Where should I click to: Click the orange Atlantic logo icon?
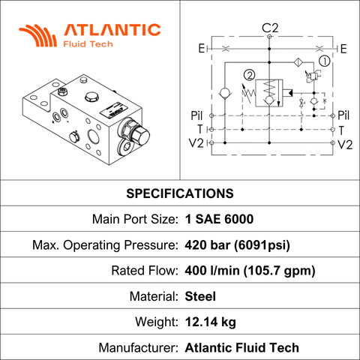(38, 35)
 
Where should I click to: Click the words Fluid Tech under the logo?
(88, 44)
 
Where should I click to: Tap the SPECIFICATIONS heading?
(180, 193)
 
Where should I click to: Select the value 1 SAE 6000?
(219, 219)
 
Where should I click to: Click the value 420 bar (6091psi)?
(238, 245)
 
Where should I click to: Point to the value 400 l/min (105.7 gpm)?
(250, 271)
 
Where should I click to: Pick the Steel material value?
(200, 296)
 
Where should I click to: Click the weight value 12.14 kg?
(211, 322)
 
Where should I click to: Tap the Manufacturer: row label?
(138, 348)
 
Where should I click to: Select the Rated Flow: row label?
(145, 271)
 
